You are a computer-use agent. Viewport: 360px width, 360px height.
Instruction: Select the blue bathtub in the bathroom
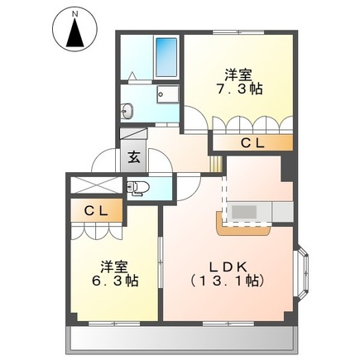click(166, 56)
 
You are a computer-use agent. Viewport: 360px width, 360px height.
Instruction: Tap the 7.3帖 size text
click(241, 88)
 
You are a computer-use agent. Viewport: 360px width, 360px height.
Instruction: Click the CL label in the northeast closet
click(252, 144)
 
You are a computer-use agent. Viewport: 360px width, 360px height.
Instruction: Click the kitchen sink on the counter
click(244, 212)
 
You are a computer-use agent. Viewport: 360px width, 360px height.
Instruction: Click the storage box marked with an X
click(94, 185)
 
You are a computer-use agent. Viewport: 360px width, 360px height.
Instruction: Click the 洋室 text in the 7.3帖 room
click(241, 72)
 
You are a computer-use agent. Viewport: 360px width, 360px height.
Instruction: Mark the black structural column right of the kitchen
click(286, 168)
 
